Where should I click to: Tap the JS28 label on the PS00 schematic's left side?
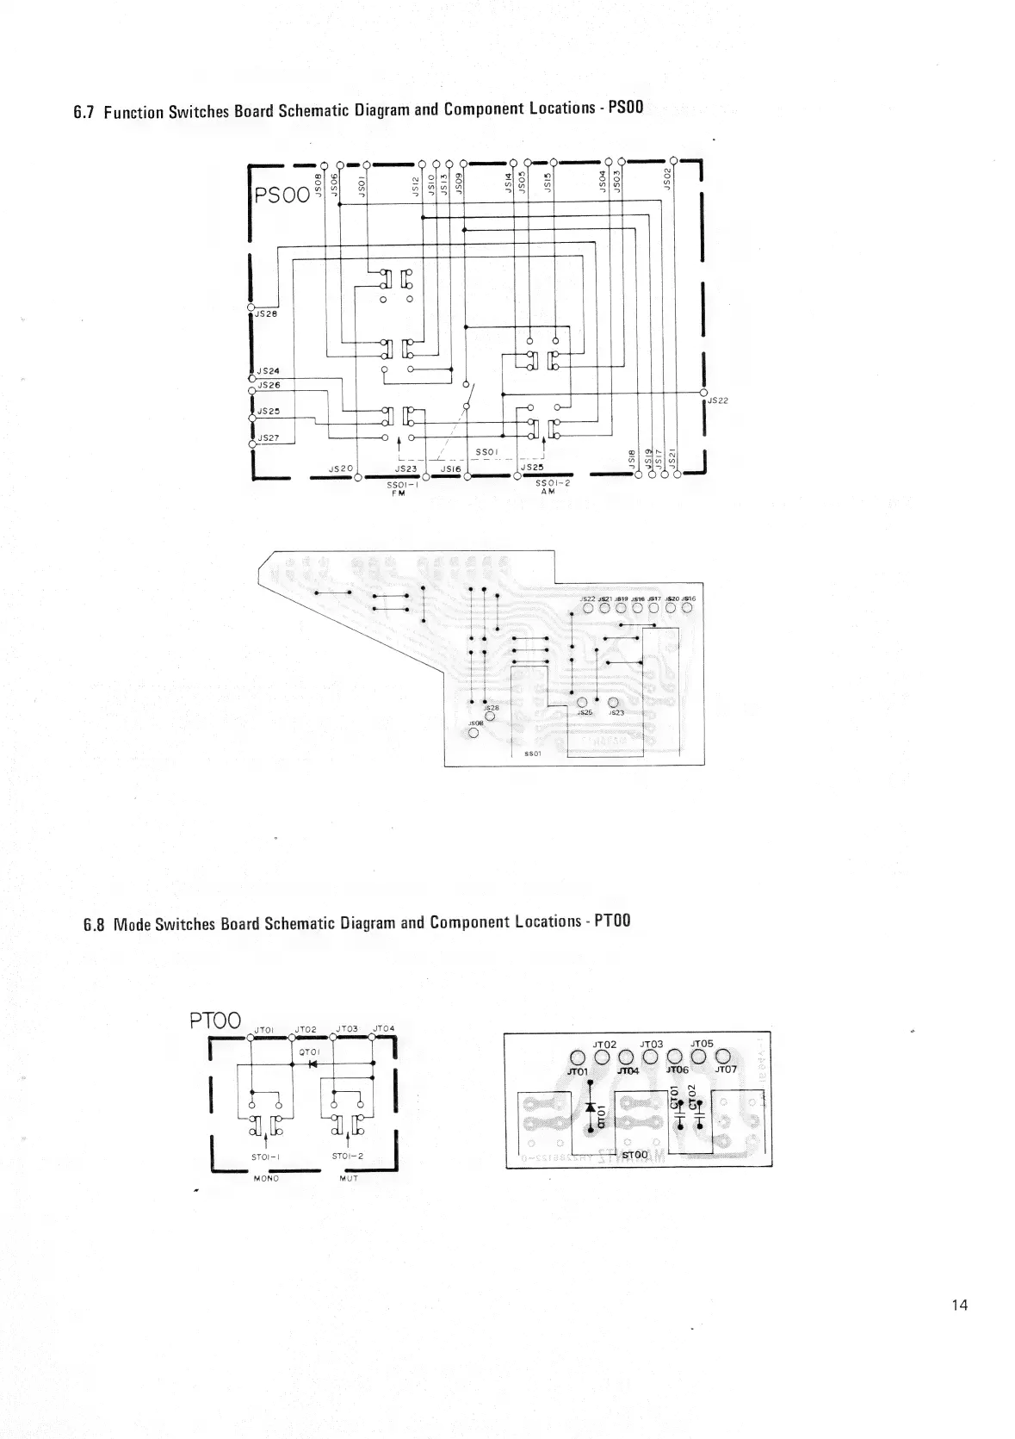coord(266,314)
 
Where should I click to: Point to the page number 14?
coord(960,1305)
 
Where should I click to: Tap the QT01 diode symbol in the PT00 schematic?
coord(313,1064)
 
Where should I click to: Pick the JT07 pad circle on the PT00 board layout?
coord(723,1057)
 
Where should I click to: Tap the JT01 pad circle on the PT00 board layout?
coord(579,1058)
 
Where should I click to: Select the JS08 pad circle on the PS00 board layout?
coord(473,735)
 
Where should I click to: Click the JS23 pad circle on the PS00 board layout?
coord(613,702)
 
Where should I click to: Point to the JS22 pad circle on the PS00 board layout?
coord(588,608)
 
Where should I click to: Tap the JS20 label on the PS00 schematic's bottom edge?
coord(341,468)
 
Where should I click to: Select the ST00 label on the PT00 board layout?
coord(634,1154)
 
